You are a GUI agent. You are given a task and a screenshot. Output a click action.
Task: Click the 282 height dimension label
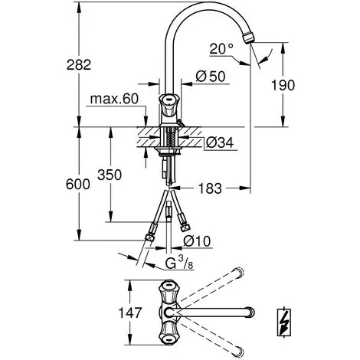click(79, 64)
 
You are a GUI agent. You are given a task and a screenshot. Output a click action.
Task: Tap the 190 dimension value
click(283, 85)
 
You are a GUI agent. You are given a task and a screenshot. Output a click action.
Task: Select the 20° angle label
click(221, 48)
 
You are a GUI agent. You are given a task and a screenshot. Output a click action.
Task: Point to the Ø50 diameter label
click(211, 77)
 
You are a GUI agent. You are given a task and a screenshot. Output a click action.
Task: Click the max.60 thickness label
click(114, 99)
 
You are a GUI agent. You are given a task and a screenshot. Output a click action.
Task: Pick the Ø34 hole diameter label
click(220, 142)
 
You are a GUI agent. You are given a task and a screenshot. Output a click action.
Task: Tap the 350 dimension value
click(110, 175)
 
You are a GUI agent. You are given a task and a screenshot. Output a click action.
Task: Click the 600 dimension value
click(78, 184)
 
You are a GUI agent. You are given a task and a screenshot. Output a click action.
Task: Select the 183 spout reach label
click(210, 188)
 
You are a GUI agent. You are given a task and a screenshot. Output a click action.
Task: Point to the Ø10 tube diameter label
click(197, 241)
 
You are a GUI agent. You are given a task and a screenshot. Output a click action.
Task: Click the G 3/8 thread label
click(178, 263)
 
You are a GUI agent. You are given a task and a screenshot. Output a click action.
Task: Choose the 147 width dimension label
click(129, 313)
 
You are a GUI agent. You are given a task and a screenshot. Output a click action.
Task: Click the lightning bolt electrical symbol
click(284, 322)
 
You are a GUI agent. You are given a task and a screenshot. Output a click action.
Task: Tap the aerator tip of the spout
click(248, 38)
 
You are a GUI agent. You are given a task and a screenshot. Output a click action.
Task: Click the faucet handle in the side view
click(169, 104)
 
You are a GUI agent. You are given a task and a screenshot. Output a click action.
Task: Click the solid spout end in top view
click(250, 312)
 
